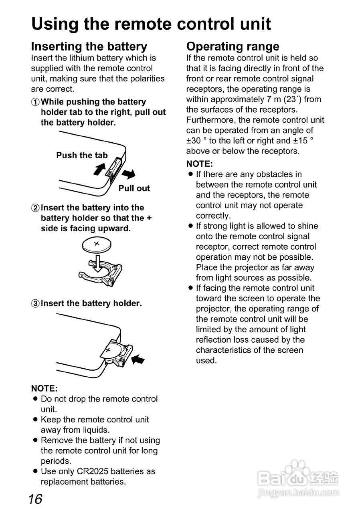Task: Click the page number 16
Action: tap(35, 499)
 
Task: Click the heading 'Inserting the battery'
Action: tap(89, 46)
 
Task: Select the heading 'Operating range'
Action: tap(233, 46)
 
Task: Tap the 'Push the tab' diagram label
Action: tap(82, 155)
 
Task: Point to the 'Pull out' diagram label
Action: tap(134, 188)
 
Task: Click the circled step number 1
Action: tap(35, 102)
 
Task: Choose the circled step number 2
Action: tap(35, 208)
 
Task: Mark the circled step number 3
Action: tap(35, 303)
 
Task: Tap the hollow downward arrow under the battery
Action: tap(96, 265)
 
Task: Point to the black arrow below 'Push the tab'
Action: tap(99, 170)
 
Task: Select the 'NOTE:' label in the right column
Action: tap(199, 164)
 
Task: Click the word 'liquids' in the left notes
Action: tap(95, 430)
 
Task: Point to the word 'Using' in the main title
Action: tap(55, 24)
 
